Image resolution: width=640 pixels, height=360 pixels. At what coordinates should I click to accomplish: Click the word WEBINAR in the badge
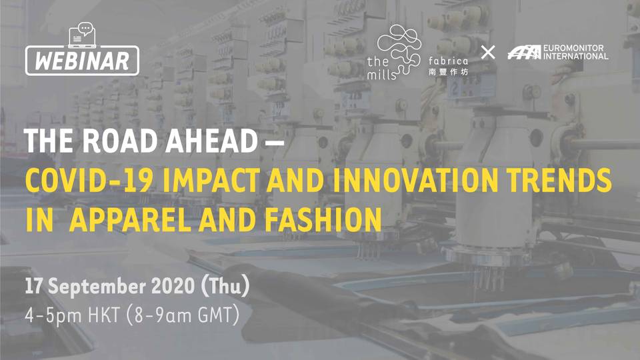82,61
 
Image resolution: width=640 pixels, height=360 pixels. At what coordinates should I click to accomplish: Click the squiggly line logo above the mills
399,49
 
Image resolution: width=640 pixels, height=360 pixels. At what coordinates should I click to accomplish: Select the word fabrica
448,61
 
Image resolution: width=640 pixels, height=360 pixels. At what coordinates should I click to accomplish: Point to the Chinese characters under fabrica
448,72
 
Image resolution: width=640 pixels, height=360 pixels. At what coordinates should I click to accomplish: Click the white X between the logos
488,52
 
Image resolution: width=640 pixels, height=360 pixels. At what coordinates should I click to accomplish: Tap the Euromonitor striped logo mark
524,52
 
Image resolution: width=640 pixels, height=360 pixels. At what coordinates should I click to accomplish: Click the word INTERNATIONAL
575,56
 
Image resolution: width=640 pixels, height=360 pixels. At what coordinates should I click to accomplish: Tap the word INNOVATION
415,180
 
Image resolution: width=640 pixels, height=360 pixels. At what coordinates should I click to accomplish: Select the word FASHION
323,219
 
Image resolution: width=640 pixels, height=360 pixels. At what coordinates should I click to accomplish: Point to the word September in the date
97,286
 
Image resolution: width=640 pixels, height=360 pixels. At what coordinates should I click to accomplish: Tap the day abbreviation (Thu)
225,286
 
